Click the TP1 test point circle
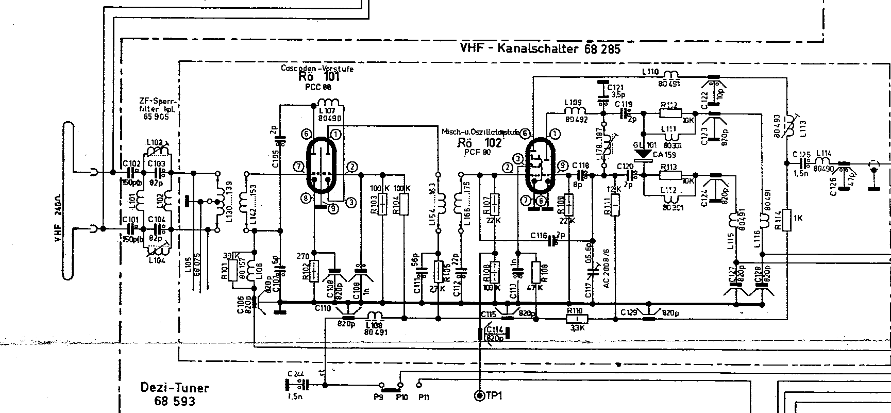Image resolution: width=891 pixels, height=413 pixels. click(x=480, y=395)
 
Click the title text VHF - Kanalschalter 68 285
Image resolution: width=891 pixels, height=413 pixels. click(x=541, y=49)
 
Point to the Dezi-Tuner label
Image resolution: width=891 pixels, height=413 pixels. click(x=175, y=388)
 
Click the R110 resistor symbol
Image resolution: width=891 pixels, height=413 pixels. click(x=574, y=319)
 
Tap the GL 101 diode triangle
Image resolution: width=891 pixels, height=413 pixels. click(x=643, y=154)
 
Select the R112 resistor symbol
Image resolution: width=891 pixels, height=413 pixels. click(x=670, y=113)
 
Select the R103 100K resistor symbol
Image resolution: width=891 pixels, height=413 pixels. click(x=382, y=204)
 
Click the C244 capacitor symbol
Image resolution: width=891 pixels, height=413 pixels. click(x=296, y=385)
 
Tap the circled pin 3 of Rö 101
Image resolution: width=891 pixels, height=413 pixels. click(x=350, y=202)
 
